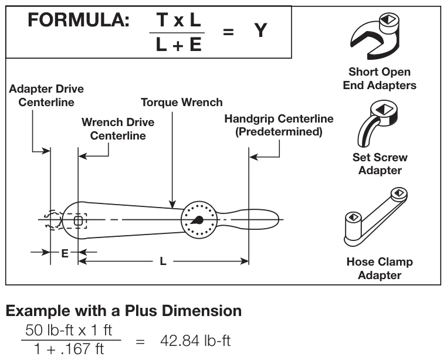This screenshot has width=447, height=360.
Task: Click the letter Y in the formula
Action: point(260,30)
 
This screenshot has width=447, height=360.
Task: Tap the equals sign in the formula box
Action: point(228,31)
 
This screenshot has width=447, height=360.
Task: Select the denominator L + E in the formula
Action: point(178,45)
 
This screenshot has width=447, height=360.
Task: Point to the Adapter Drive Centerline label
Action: point(46,96)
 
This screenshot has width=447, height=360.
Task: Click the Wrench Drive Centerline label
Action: point(118,129)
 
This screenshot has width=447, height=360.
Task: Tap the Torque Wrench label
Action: point(182,102)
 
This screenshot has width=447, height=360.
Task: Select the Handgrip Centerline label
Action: point(279,125)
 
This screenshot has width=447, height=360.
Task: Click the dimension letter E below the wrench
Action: point(65,253)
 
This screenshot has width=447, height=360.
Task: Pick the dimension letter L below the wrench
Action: point(162,261)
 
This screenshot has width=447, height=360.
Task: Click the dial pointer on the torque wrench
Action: point(198,220)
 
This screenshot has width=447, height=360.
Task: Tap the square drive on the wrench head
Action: point(78,220)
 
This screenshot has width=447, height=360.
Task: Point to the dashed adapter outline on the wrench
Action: point(52,220)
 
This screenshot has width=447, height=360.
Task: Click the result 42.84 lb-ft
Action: point(195,340)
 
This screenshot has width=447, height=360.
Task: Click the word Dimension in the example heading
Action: point(202,311)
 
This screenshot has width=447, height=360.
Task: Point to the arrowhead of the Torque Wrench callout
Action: point(172,205)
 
